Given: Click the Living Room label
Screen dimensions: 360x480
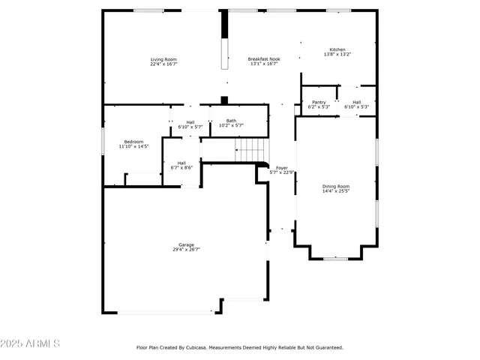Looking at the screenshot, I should [x=163, y=59].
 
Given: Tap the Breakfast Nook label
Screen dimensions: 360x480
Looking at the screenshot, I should [x=264, y=59].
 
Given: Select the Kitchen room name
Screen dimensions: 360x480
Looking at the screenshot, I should [x=337, y=49].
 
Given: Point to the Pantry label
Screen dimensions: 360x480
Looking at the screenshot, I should [x=319, y=102].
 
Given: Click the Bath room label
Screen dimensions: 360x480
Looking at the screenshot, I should [x=231, y=121].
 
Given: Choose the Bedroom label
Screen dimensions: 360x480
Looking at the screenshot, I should [x=133, y=141].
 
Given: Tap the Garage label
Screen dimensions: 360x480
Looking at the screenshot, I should [x=186, y=244].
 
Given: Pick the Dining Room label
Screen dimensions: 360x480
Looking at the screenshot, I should [x=336, y=186].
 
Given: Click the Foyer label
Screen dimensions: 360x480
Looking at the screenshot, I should [x=282, y=168].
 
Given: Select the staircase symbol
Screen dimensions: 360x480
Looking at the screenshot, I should [x=250, y=149].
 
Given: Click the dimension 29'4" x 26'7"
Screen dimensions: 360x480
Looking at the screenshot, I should [x=186, y=249].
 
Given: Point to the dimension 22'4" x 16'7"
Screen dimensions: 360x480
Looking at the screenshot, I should [x=163, y=64].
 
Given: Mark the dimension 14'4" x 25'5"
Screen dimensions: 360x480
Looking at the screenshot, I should [x=336, y=191].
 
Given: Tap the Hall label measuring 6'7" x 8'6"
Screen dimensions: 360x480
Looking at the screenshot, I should [x=181, y=163].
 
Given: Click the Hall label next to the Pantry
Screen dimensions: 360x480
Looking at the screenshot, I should [x=356, y=102].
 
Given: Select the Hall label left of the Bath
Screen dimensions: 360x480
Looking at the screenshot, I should [x=190, y=122].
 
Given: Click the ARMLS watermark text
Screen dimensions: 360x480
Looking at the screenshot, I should [x=31, y=343].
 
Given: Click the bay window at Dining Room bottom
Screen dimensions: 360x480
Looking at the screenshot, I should [x=336, y=259].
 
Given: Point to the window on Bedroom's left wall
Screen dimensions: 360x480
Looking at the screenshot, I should [x=103, y=141].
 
